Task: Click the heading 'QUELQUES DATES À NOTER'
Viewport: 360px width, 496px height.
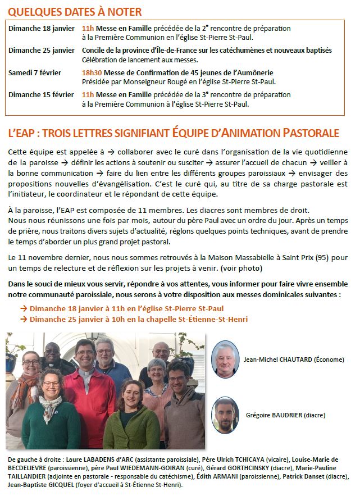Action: pyautogui.click(x=75, y=11)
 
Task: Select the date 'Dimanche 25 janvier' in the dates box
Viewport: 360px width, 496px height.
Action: pyautogui.click(x=42, y=51)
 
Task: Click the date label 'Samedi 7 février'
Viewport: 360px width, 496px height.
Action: pyautogui.click(x=35, y=73)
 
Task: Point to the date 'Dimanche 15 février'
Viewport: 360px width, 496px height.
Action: pyautogui.click(x=42, y=95)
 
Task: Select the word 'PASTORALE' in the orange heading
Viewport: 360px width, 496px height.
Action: pyautogui.click(x=311, y=133)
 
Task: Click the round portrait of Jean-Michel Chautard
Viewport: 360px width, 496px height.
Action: pyautogui.click(x=226, y=359)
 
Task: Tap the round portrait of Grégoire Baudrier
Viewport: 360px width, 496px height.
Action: pyautogui.click(x=226, y=415)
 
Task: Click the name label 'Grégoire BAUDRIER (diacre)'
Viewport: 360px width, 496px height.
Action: pyautogui.click(x=285, y=415)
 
